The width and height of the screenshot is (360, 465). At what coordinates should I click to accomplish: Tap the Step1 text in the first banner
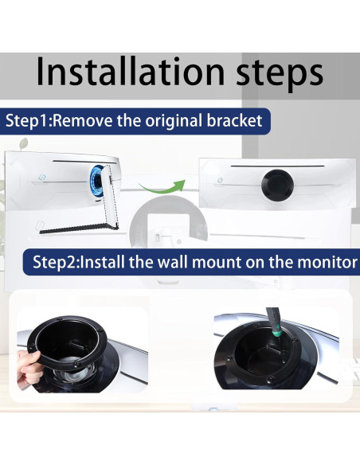(29, 122)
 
